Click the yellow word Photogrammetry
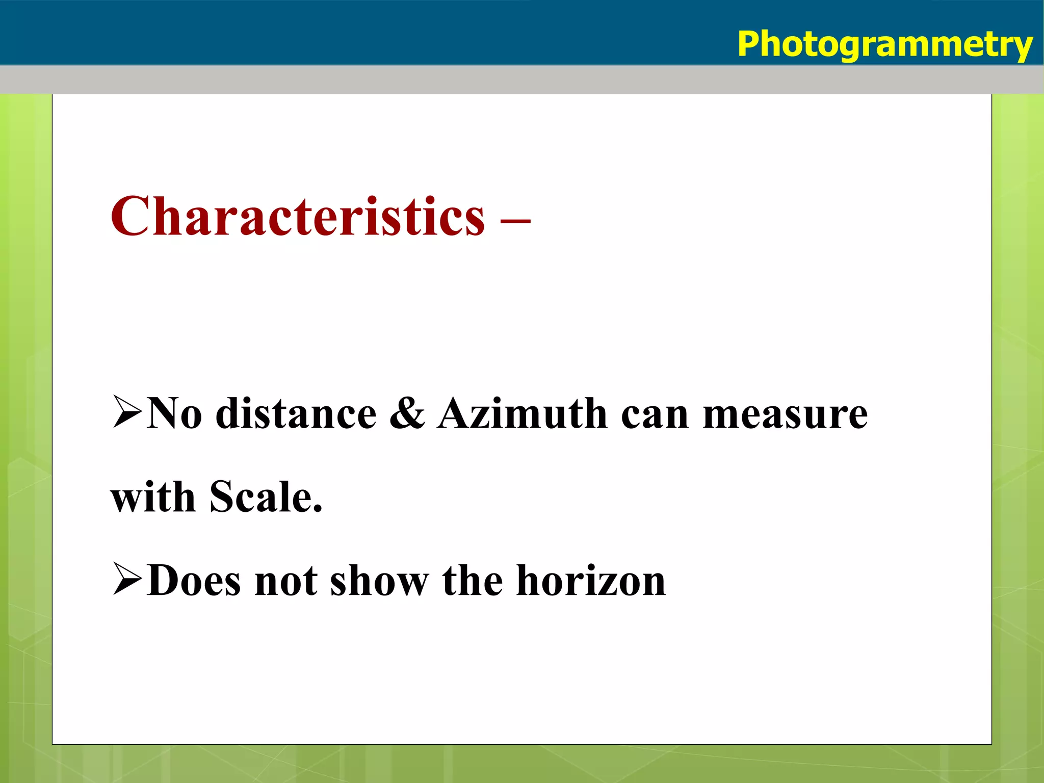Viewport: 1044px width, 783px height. click(884, 45)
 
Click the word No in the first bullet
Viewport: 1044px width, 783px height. click(174, 414)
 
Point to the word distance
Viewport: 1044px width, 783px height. click(296, 414)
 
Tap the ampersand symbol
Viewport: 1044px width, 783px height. click(407, 414)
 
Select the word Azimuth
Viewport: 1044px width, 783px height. click(522, 414)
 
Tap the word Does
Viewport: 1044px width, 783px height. click(194, 581)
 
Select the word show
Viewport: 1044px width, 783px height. click(380, 581)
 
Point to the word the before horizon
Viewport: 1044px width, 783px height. click(473, 581)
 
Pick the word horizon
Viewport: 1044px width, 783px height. click(591, 581)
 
